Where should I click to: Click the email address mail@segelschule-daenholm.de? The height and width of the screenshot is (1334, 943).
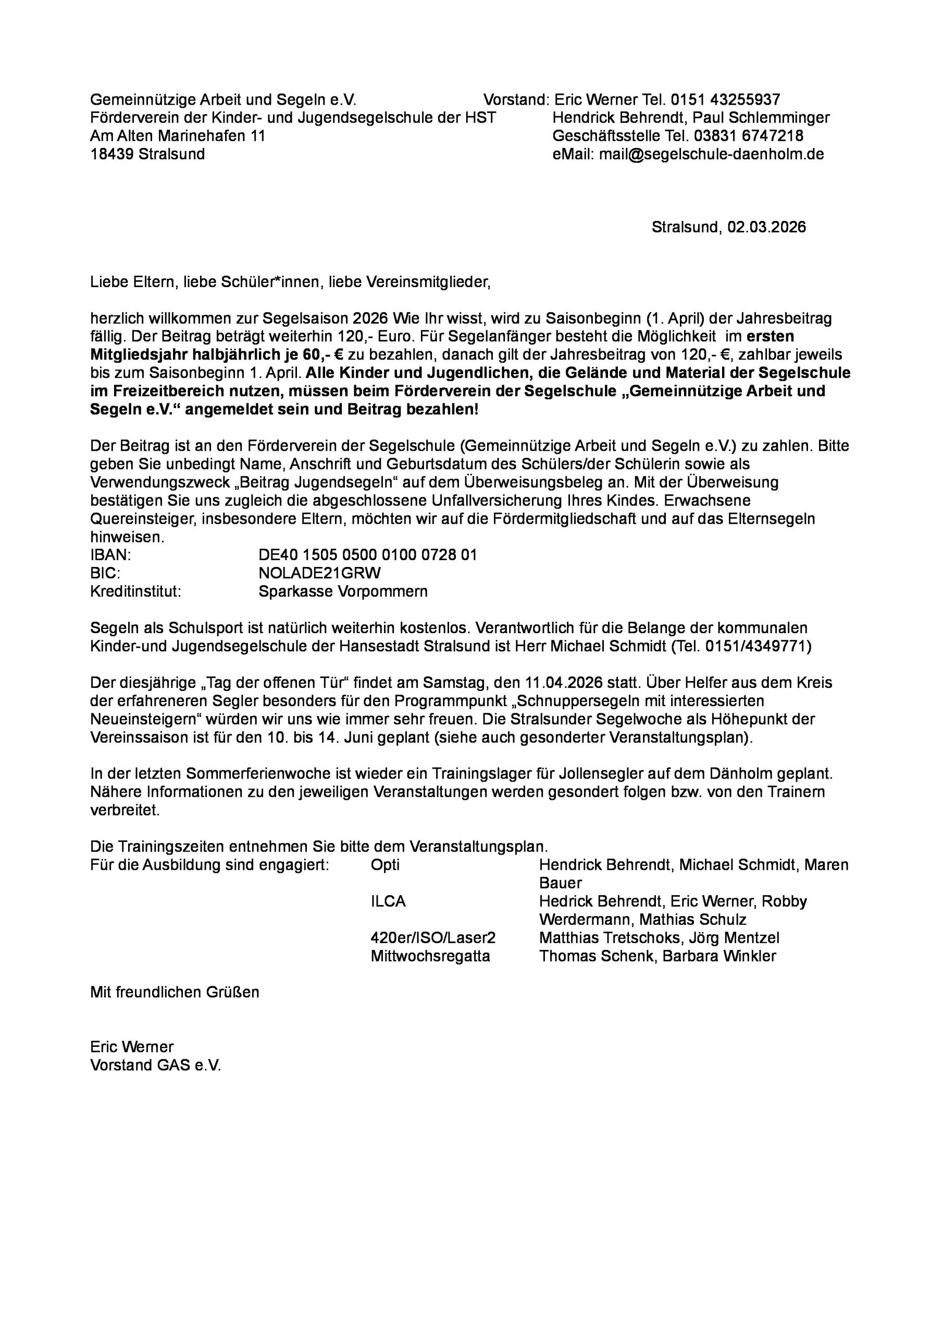tap(711, 154)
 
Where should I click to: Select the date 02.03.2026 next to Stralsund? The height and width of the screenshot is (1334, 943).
tap(766, 227)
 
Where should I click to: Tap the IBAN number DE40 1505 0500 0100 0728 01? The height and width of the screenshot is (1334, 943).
tap(367, 555)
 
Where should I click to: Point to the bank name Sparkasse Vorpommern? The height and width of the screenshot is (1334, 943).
tap(343, 591)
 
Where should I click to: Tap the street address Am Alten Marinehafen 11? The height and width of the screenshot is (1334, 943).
tap(177, 136)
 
